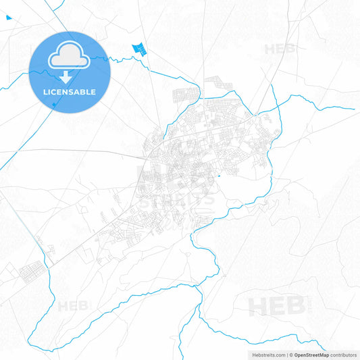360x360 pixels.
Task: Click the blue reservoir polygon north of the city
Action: click(139, 48)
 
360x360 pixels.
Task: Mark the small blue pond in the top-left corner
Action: click(8, 17)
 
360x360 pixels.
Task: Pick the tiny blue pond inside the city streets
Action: click(218, 178)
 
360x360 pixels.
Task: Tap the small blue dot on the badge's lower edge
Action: click(54, 105)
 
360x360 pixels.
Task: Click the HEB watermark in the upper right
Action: click(280, 49)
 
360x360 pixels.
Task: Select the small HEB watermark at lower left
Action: click(73, 306)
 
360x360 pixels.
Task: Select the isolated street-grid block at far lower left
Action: click(31, 274)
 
